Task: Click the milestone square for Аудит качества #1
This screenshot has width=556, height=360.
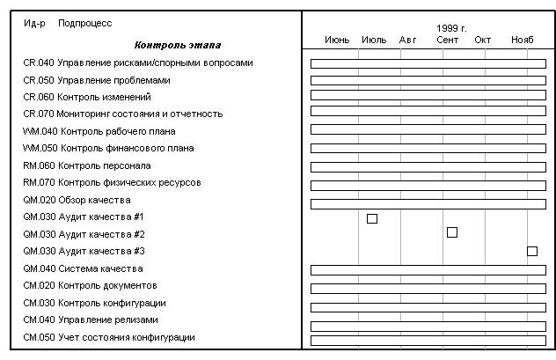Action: (x=372, y=218)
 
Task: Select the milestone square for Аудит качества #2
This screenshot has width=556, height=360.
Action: (x=452, y=232)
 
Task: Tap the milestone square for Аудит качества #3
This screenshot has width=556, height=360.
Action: (x=532, y=251)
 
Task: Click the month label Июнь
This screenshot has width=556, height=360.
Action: (x=337, y=40)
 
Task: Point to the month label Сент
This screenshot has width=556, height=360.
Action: (x=448, y=40)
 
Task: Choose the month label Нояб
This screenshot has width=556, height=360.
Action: (x=522, y=40)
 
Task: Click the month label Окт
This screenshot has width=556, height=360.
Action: (x=483, y=40)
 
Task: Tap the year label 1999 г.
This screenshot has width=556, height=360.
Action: (x=451, y=28)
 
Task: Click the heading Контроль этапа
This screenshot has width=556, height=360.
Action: (x=178, y=45)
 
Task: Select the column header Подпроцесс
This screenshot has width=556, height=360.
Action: (x=85, y=22)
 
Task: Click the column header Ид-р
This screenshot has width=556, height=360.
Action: (x=35, y=22)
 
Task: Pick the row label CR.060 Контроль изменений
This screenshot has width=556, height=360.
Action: (x=86, y=97)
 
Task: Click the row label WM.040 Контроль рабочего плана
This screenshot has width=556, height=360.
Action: (x=99, y=131)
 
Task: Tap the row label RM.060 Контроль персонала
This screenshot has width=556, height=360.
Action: (x=86, y=165)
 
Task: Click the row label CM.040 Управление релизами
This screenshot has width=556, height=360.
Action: (x=91, y=320)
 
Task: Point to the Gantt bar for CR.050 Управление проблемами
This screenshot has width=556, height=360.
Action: (x=428, y=80)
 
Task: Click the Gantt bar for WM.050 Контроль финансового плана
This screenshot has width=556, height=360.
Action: (x=428, y=149)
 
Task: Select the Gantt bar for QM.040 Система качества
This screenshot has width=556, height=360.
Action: (x=428, y=269)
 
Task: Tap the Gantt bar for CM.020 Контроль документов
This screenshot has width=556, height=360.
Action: (x=428, y=287)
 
